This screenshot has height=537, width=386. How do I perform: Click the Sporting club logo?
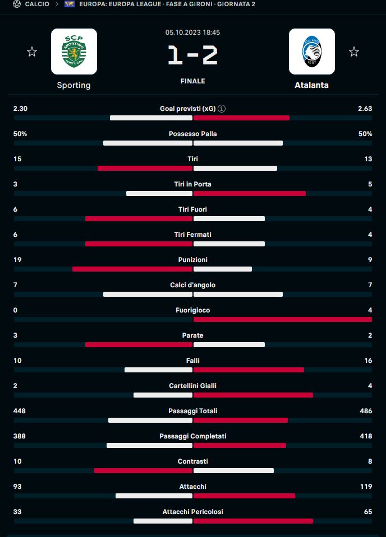tap(73, 52)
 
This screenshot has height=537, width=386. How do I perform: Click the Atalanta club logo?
tap(311, 52)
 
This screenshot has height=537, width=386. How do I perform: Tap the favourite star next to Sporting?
tap(32, 52)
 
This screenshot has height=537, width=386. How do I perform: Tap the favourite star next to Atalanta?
tap(353, 52)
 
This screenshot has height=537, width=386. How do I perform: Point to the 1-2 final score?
tap(192, 55)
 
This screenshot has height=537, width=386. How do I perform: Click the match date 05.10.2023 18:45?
tap(192, 32)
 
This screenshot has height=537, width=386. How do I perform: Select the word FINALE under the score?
tap(192, 81)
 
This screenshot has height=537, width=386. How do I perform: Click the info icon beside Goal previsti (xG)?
tap(222, 109)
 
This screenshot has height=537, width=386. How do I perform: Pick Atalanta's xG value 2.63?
tap(365, 109)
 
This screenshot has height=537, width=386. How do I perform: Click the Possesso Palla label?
tap(192, 134)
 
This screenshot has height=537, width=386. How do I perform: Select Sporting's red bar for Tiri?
tap(145, 168)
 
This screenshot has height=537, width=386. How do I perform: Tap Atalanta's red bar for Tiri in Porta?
tap(250, 193)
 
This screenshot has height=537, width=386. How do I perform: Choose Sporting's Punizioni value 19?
tap(17, 260)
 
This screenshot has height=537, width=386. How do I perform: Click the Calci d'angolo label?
tap(192, 285)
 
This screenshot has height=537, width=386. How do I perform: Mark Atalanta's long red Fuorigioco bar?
tap(282, 319)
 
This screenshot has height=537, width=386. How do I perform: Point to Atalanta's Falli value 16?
tap(367, 361)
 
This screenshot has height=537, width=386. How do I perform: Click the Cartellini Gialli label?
tap(192, 386)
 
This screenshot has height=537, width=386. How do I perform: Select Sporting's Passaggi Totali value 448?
tap(20, 411)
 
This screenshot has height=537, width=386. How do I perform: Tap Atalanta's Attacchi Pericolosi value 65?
tap(367, 512)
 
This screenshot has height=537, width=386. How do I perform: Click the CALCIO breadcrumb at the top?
tap(36, 4)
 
